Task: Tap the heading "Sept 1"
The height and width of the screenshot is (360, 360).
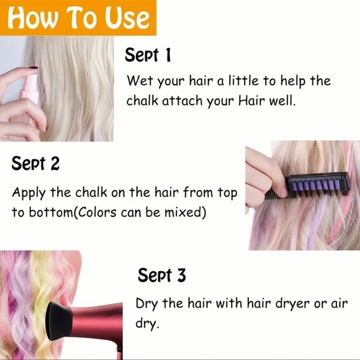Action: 148,55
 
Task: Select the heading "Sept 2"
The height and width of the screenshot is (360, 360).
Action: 35,164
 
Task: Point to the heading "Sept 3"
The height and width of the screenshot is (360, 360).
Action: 161,275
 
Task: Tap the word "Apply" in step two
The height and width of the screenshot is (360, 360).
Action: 27,192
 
